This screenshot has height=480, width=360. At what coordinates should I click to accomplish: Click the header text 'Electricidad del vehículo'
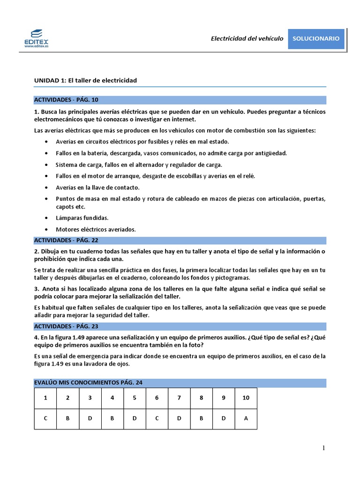(x=247, y=38)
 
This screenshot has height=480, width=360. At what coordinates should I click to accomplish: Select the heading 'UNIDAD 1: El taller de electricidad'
(x=85, y=81)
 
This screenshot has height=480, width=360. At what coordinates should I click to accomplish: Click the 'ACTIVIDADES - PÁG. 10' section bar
(x=180, y=99)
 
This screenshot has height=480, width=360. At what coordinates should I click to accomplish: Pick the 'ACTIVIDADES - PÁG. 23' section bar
(x=180, y=326)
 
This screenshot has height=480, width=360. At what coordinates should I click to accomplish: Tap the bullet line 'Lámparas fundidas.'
(x=82, y=218)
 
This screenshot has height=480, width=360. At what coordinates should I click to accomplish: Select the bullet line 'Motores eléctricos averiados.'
(x=96, y=230)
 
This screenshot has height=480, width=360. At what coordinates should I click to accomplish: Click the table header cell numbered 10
(x=246, y=398)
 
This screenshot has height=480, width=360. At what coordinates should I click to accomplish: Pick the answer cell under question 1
(x=45, y=419)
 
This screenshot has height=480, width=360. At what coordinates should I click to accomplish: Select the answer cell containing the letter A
(x=246, y=419)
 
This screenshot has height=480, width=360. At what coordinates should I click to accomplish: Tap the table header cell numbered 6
(x=157, y=398)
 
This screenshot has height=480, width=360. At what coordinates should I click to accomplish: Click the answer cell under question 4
(x=112, y=419)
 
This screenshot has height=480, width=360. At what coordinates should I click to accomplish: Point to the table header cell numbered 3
(x=90, y=398)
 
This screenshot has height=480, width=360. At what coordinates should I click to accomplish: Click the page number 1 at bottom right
(x=323, y=448)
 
